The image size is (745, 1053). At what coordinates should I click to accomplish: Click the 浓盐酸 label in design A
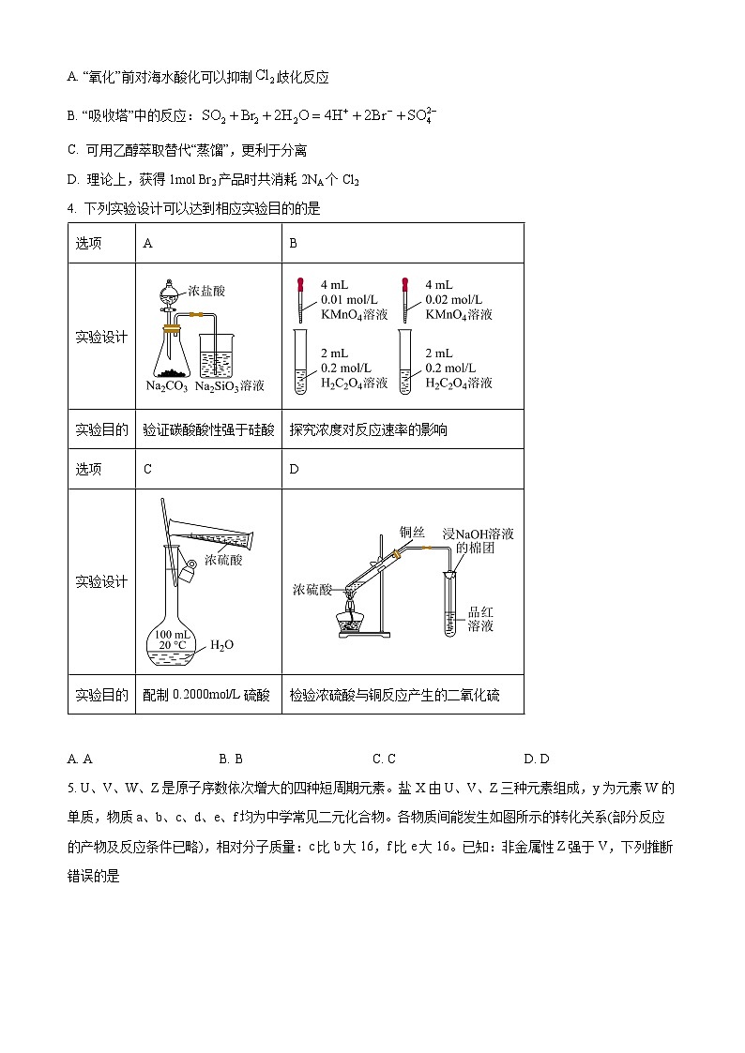(206, 292)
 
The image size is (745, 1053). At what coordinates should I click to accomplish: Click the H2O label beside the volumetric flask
(221, 645)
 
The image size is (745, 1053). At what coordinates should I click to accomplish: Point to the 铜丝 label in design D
(412, 531)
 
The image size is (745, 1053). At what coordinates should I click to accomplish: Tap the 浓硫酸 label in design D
(312, 590)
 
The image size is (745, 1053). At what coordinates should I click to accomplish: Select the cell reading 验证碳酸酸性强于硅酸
(208, 429)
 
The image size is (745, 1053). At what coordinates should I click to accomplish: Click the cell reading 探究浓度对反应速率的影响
(369, 429)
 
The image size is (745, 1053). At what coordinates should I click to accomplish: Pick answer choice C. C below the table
(384, 759)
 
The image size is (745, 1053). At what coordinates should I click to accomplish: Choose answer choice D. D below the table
(537, 759)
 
